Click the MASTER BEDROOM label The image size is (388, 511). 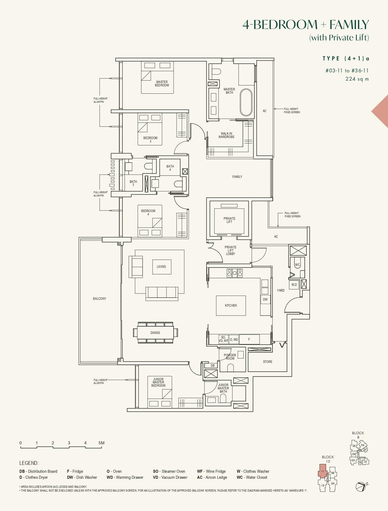coord(162,83)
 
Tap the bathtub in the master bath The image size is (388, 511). coord(246,102)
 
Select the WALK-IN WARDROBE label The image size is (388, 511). coord(226,135)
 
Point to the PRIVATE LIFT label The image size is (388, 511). coord(229,220)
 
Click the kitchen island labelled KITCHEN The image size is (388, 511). coord(231,306)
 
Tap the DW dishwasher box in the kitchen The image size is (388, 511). coord(265,299)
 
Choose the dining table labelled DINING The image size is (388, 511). coord(155,333)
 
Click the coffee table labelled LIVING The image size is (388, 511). coord(162,267)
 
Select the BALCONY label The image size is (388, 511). coord(99,299)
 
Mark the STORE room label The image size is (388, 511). coord(268,362)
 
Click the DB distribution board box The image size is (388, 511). coord(212,366)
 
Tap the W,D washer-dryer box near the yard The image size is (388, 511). coord(294,284)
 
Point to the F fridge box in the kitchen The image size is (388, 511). coord(249,339)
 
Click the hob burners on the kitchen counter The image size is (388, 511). coord(235,273)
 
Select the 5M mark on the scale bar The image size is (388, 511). coord(101,443)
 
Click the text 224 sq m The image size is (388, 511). coord(357,79)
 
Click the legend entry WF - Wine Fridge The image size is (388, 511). coord(211,471)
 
